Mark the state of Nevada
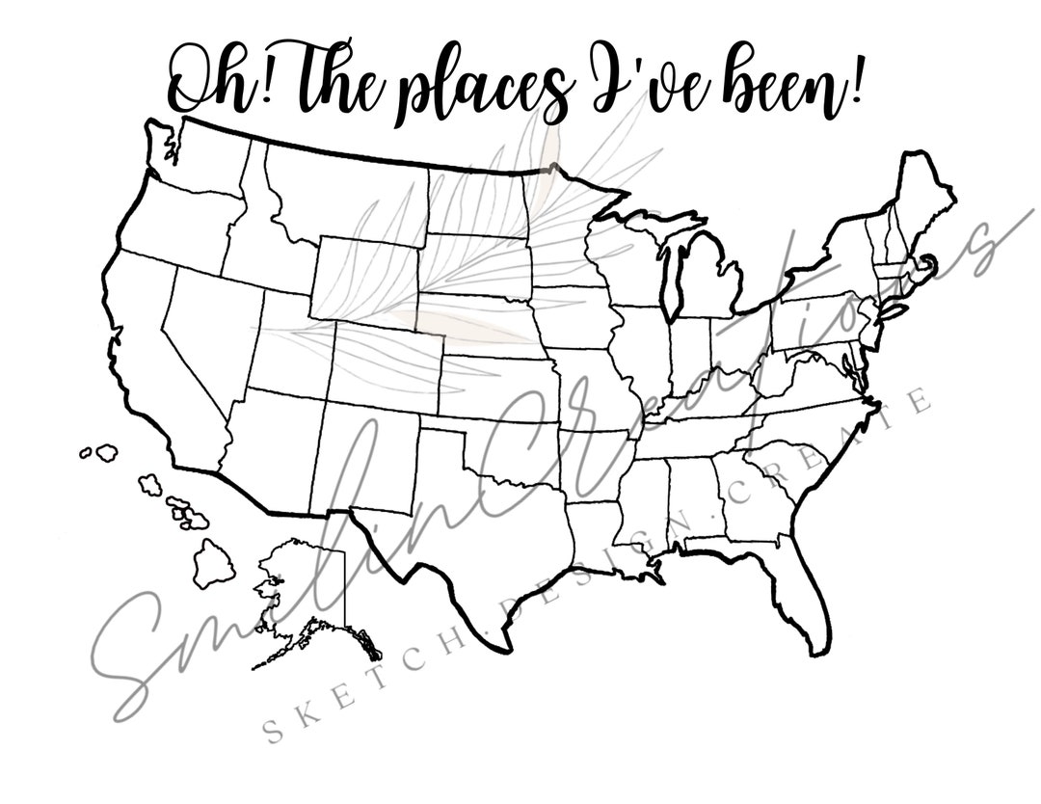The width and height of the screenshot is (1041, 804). click(207, 328)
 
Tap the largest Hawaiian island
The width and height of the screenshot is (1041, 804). click(213, 564)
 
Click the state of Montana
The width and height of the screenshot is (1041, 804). click(347, 193)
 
